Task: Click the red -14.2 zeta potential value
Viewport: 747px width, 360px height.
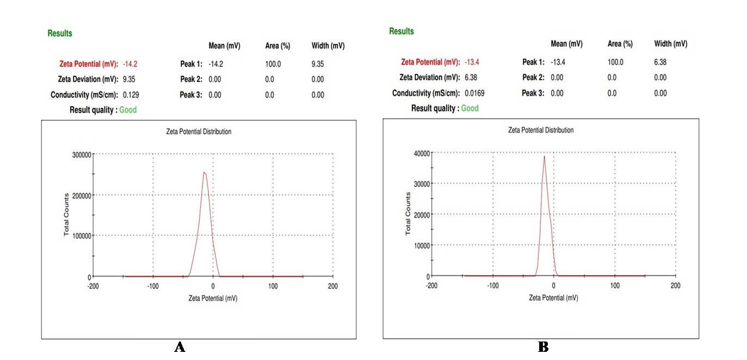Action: [x=130, y=64]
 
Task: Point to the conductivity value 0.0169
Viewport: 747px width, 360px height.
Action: [x=474, y=93]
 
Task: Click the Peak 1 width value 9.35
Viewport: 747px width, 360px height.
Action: [x=318, y=64]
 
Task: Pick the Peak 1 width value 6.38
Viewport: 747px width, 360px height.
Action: [x=660, y=62]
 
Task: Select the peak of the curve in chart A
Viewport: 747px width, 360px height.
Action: [x=204, y=172]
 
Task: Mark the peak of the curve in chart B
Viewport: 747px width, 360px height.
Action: [x=545, y=157]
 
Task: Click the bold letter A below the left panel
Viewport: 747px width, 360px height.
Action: [x=180, y=347]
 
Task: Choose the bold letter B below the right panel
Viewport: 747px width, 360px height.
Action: [x=542, y=346]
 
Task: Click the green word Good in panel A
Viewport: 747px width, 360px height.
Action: [x=128, y=110]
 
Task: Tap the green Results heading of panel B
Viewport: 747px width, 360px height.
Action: [x=402, y=32]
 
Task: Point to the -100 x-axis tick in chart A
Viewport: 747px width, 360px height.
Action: [x=153, y=286]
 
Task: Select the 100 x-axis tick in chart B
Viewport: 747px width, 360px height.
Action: [x=615, y=285]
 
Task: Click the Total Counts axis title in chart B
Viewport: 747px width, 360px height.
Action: [x=408, y=214]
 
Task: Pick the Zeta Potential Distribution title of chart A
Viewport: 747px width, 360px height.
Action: [x=199, y=132]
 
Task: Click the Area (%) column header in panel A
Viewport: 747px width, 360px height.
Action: [x=277, y=46]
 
